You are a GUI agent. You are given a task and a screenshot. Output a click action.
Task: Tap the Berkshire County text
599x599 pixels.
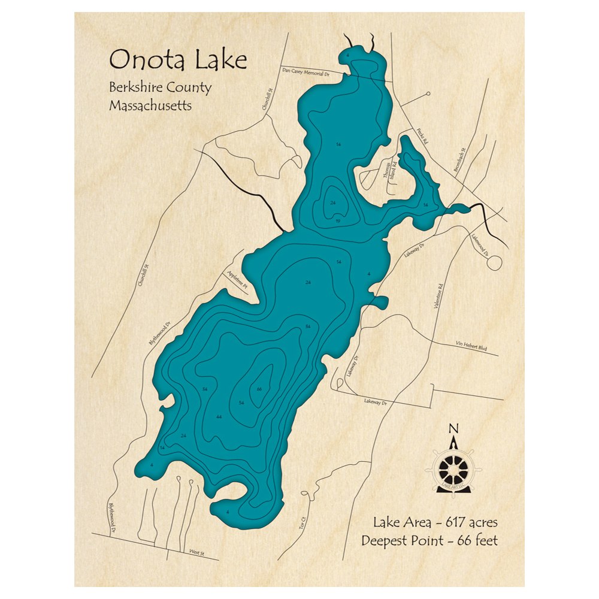pos(160,87)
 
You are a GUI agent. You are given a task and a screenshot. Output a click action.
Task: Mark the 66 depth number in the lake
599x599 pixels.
pos(259,390)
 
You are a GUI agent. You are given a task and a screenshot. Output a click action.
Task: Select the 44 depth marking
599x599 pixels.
pos(220,416)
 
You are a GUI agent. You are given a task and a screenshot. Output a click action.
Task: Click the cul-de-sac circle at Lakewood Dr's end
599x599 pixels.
pos(494,262)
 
